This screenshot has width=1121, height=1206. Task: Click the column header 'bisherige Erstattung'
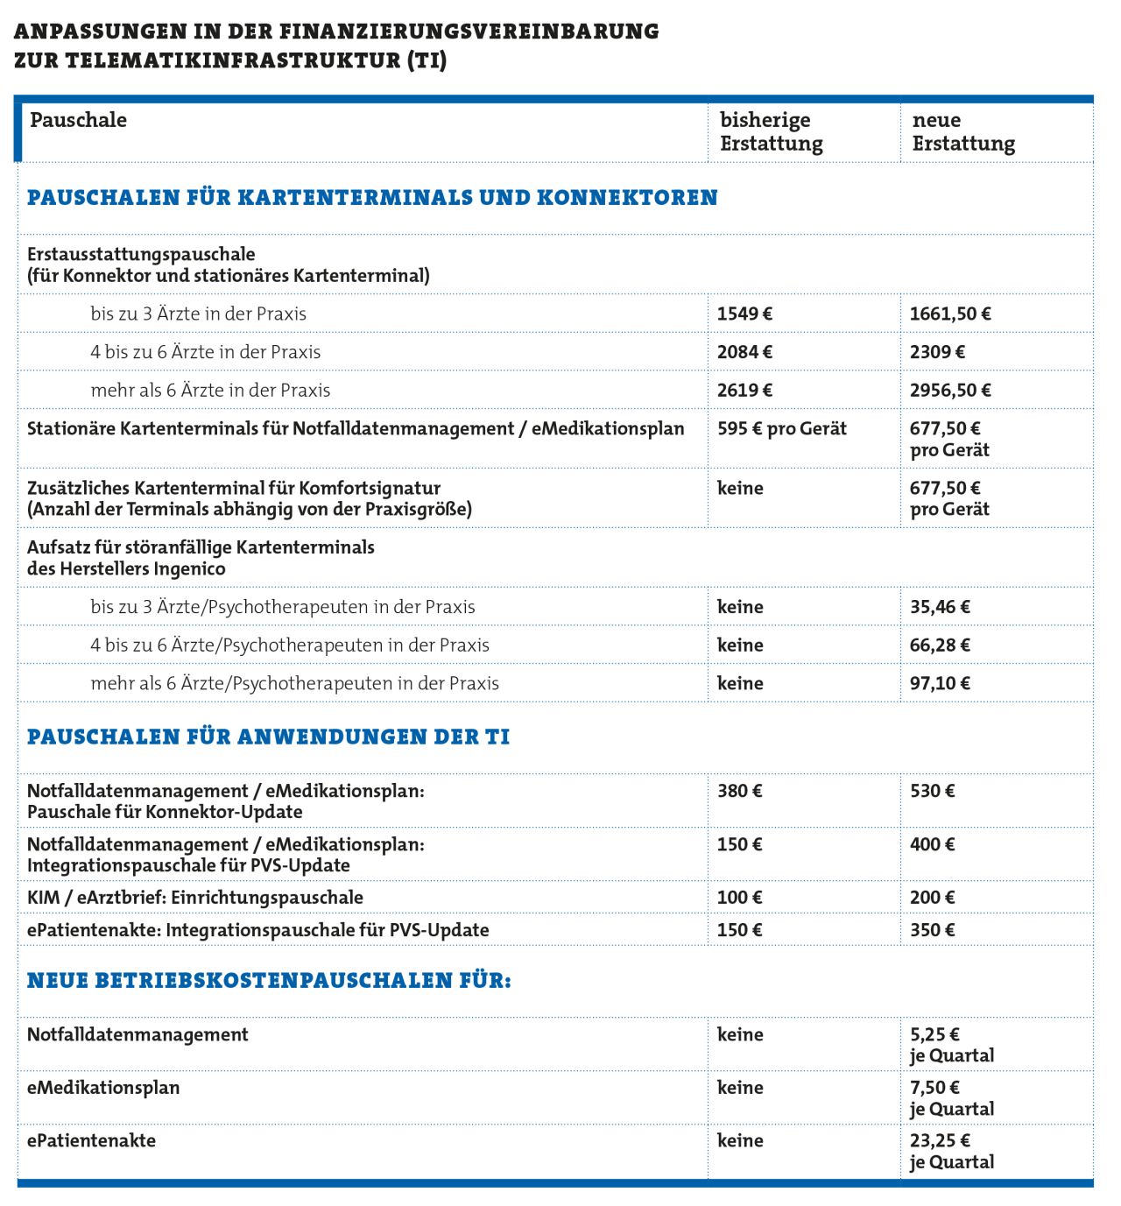(771, 131)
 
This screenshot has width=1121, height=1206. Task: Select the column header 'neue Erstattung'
(963, 131)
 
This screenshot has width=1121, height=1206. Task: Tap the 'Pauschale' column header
(78, 120)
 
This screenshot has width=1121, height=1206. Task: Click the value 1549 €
(744, 314)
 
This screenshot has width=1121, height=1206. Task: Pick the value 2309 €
(937, 352)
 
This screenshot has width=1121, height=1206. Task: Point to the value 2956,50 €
(950, 391)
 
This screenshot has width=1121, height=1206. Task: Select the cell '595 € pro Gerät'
(781, 429)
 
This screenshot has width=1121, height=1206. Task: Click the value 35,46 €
(940, 607)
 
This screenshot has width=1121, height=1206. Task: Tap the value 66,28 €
(940, 645)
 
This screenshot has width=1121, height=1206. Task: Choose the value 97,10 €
(940, 684)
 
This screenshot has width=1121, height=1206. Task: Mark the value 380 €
(740, 791)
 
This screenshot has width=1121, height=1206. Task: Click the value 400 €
(933, 844)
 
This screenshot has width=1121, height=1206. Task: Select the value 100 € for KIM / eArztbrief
(740, 898)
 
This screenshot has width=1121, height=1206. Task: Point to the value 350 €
(933, 930)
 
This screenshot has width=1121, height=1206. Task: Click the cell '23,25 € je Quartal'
(951, 1151)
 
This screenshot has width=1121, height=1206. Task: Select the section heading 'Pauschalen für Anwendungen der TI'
(268, 737)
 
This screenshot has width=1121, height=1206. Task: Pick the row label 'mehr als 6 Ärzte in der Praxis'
(210, 391)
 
